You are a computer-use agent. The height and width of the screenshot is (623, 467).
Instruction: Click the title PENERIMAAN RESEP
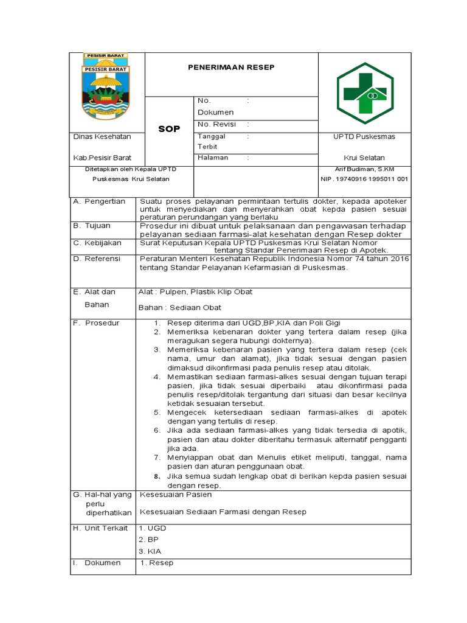click(x=230, y=67)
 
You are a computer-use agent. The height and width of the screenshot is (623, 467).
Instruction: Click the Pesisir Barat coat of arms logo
click(x=106, y=86)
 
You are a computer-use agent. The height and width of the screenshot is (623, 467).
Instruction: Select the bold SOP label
click(x=169, y=130)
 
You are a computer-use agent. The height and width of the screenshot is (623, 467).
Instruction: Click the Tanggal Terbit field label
click(x=210, y=142)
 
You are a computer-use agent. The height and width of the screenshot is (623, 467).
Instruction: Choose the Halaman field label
click(x=213, y=158)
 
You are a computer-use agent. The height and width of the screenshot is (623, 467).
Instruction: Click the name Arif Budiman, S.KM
click(x=364, y=169)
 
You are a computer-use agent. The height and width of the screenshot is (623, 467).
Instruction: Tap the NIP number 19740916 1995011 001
click(x=364, y=179)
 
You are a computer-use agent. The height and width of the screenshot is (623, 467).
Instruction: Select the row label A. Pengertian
click(x=99, y=201)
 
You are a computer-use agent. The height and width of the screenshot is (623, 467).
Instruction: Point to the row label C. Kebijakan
click(x=97, y=243)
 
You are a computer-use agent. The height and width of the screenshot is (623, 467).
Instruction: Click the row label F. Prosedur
click(x=96, y=322)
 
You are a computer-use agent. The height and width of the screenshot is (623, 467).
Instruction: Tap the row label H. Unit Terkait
click(x=100, y=528)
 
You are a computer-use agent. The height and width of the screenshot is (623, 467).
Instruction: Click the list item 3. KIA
click(x=149, y=550)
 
